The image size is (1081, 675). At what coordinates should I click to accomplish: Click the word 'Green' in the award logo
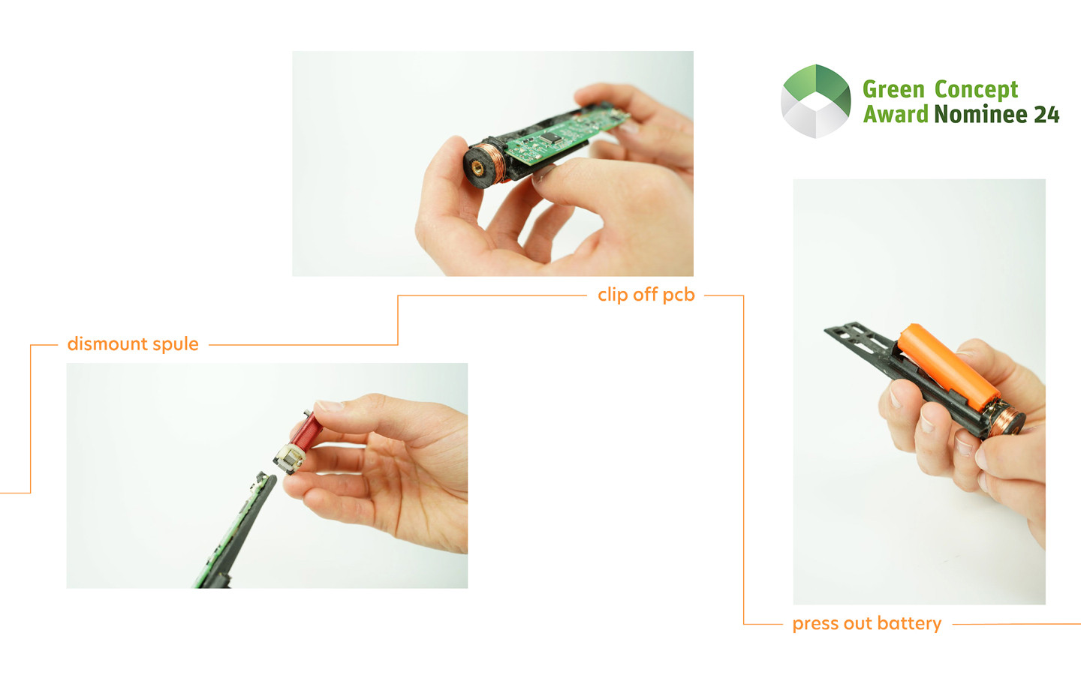click(x=893, y=90)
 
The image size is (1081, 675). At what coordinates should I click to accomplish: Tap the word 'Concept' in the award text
click(x=976, y=90)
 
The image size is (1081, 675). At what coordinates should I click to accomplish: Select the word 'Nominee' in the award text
click(x=980, y=114)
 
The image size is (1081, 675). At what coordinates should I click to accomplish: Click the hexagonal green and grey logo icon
click(x=815, y=101)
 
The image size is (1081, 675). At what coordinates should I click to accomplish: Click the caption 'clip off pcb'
click(x=646, y=295)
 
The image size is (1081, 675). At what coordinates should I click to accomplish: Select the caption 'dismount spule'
click(x=133, y=344)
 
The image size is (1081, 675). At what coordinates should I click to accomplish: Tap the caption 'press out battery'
click(x=867, y=623)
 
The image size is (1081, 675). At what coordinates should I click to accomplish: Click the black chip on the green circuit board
click(x=551, y=138)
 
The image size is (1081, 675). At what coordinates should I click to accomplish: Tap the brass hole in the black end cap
click(x=477, y=168)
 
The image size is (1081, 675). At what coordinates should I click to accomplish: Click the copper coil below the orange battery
click(x=1003, y=421)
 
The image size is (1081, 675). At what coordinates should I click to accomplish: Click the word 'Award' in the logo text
click(x=895, y=114)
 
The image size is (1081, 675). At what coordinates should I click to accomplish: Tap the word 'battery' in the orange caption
click(x=910, y=623)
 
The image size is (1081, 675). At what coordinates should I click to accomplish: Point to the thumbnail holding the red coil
click(x=330, y=406)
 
